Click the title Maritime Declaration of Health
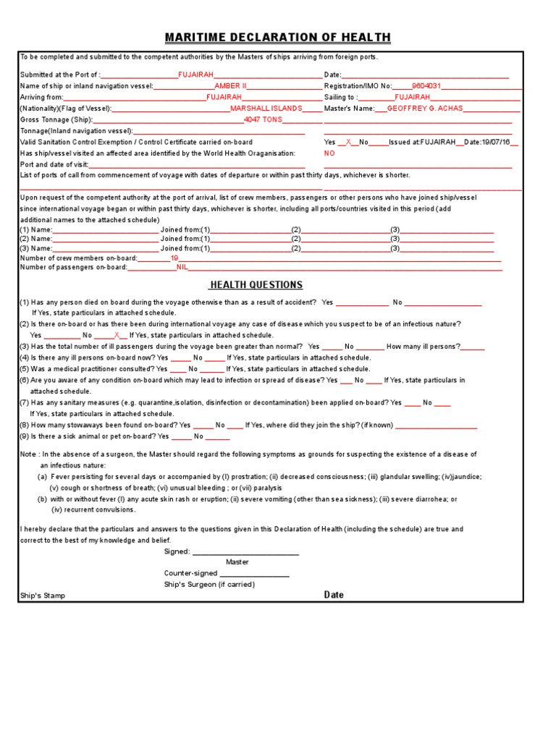[278, 38]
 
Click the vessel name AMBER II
[230, 85]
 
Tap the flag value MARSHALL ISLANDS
[266, 108]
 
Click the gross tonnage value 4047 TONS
[263, 119]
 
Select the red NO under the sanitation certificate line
[329, 153]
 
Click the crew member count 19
[174, 258]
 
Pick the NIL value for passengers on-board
[182, 267]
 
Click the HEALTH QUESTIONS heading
[256, 285]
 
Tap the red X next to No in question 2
[117, 335]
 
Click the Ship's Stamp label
[43, 596]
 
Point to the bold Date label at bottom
[334, 595]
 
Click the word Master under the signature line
[237, 562]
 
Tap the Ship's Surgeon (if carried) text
[209, 584]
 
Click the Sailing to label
[340, 97]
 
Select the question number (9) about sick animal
[24, 436]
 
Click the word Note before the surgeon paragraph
[28, 454]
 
